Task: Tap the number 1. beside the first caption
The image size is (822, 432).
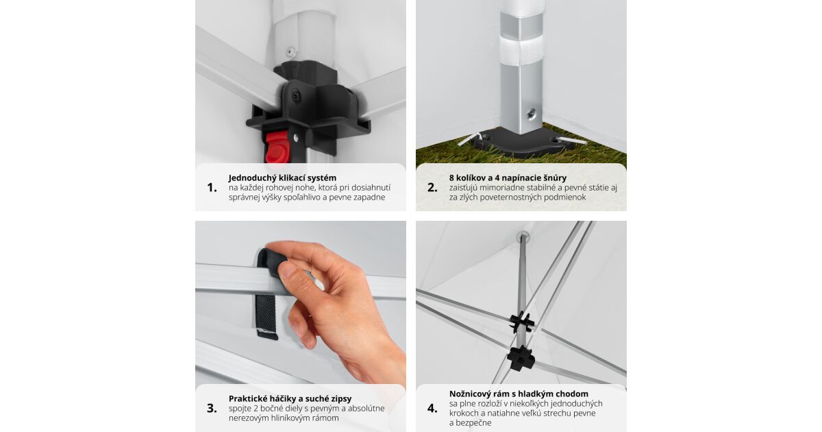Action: click(212, 187)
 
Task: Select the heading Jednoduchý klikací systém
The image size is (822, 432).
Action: click(282, 178)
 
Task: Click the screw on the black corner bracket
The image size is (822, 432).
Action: click(296, 97)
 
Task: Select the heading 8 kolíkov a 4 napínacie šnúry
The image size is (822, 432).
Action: click(508, 178)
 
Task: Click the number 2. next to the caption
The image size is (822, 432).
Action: click(432, 187)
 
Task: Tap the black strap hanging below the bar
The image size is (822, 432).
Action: click(266, 317)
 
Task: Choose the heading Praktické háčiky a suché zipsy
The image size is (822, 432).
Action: click(290, 398)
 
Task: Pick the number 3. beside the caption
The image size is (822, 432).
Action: click(212, 408)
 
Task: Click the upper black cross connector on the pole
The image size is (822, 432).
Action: click(521, 322)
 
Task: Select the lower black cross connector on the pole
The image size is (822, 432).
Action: click(521, 358)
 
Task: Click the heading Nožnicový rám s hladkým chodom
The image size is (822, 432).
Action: click(519, 394)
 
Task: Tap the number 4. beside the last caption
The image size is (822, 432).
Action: click(432, 408)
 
